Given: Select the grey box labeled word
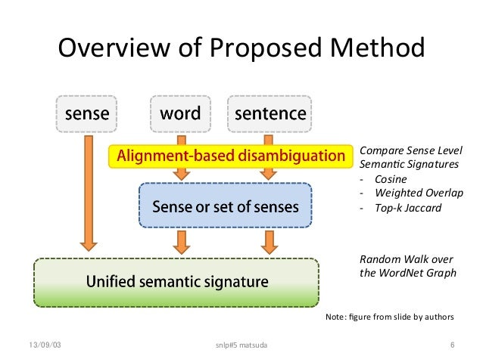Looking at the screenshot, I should click(x=180, y=114).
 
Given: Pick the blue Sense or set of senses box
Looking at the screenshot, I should click(x=226, y=206).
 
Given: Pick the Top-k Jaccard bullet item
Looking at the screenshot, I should click(x=407, y=207).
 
